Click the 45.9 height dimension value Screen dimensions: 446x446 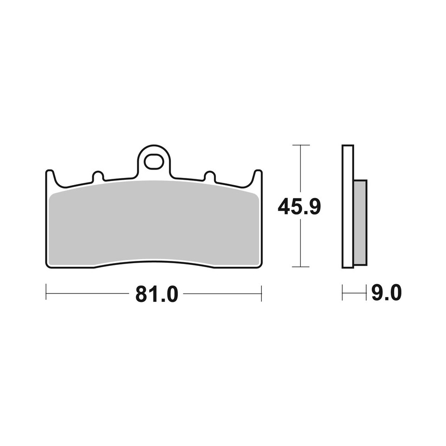tap(299, 207)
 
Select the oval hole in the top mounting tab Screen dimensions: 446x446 tap(154, 161)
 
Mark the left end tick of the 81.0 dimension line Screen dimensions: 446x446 tap(46, 293)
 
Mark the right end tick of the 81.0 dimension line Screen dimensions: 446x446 tap(261, 293)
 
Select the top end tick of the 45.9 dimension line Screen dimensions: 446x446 tap(301, 145)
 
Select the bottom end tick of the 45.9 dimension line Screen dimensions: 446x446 tap(301, 267)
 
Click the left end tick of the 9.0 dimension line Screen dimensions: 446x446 tap(343, 293)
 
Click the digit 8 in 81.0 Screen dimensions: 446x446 tap(142, 294)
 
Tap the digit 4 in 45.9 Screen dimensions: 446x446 tap(285, 207)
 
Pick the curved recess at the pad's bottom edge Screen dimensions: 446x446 tap(154, 262)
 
